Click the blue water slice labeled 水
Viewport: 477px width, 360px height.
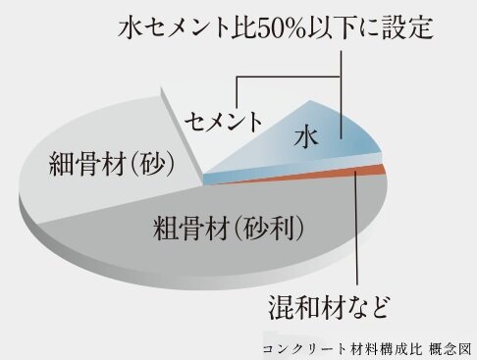click(344, 147)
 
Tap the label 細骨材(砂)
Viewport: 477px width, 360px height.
click(110, 166)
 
